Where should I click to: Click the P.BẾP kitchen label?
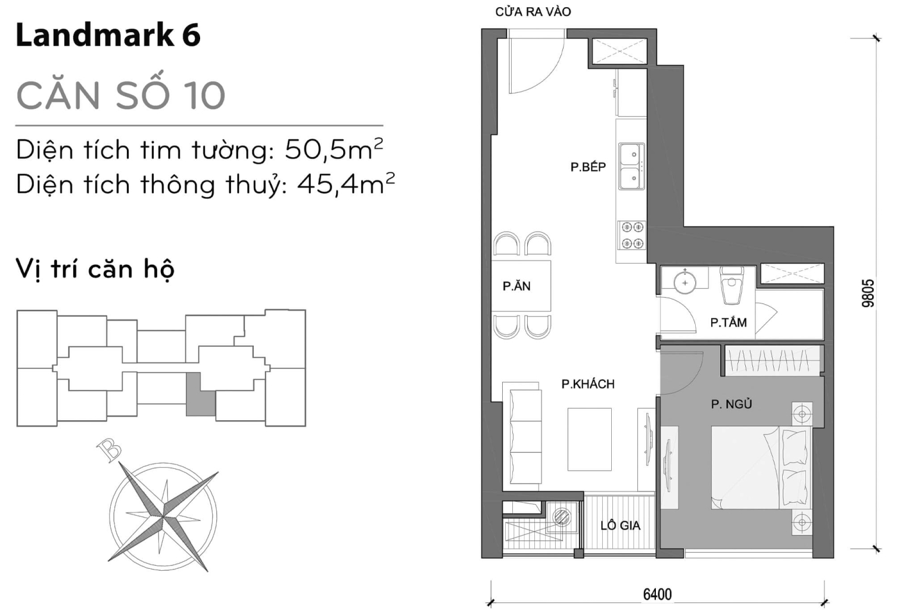point(587,167)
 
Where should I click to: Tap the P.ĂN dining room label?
point(516,286)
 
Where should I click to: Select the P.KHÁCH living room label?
point(587,384)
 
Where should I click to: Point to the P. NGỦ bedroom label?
point(731,404)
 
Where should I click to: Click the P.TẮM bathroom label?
point(728,323)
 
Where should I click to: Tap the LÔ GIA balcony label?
point(620,525)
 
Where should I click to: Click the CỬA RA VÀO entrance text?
point(533,12)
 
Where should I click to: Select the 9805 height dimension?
point(868,293)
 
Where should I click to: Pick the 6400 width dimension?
point(657,594)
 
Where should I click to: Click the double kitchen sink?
point(631,166)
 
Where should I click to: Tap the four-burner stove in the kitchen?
point(631,234)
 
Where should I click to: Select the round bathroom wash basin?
point(685,282)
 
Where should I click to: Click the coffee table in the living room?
point(589,439)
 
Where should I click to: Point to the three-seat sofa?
point(525,436)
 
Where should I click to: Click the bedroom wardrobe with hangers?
point(773,361)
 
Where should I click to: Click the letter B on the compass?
point(109,451)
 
